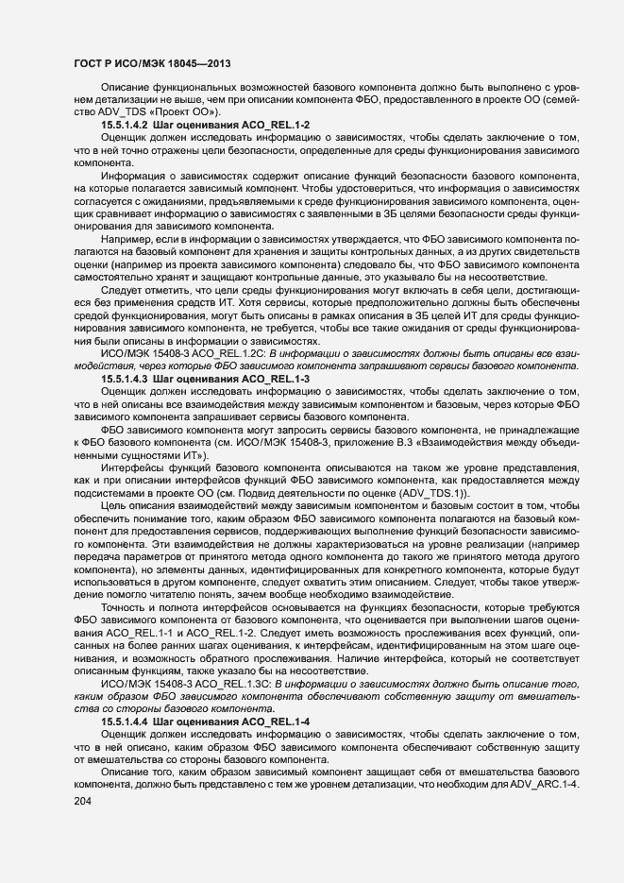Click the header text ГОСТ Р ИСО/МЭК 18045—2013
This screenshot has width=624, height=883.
tap(151, 63)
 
